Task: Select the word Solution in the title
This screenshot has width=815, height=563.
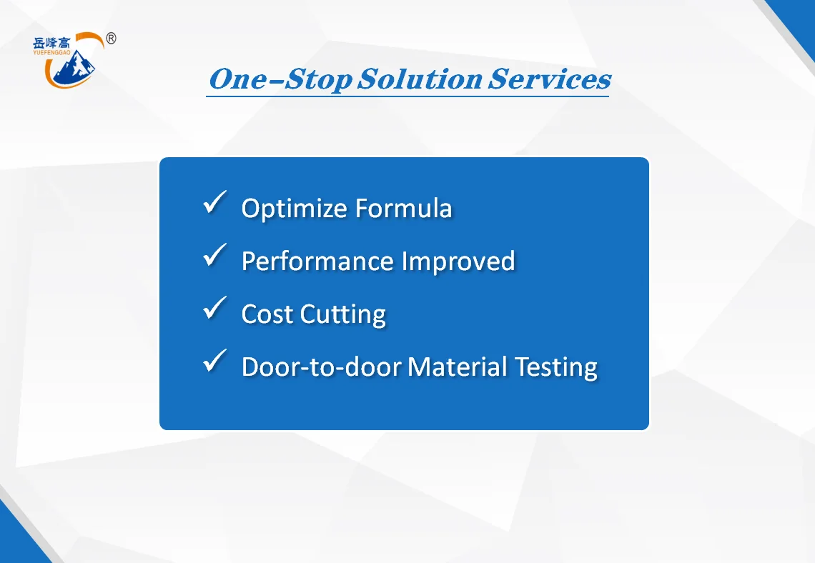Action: pyautogui.click(x=420, y=79)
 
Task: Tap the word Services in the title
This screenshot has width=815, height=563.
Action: pyautogui.click(x=549, y=79)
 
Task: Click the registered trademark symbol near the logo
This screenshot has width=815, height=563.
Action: pyautogui.click(x=111, y=39)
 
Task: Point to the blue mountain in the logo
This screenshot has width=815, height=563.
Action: pyautogui.click(x=75, y=67)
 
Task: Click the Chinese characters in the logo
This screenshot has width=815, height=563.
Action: pyautogui.click(x=51, y=43)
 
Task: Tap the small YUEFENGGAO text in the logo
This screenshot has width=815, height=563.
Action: pyautogui.click(x=51, y=52)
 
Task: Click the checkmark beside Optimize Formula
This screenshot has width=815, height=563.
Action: pyautogui.click(x=214, y=202)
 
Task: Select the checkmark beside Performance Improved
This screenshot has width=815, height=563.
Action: pyautogui.click(x=214, y=255)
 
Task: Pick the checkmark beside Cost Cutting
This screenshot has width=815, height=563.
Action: pyautogui.click(x=214, y=307)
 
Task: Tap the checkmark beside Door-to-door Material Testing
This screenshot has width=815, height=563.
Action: pyautogui.click(x=214, y=360)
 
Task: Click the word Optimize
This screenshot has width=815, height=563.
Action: pyautogui.click(x=295, y=209)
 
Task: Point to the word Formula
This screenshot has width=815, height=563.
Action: pyautogui.click(x=404, y=209)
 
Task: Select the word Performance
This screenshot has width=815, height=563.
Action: pyautogui.click(x=317, y=261)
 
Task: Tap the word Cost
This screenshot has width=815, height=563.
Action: pyautogui.click(x=267, y=314)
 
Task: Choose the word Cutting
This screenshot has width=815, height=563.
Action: pyautogui.click(x=343, y=315)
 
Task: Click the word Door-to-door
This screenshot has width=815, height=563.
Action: pyautogui.click(x=322, y=367)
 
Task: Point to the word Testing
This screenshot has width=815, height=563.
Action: pyautogui.click(x=556, y=368)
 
